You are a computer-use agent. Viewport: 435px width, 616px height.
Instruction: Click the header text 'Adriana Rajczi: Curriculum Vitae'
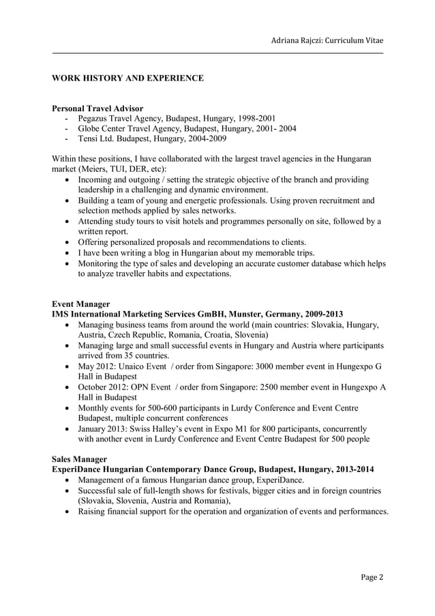327,40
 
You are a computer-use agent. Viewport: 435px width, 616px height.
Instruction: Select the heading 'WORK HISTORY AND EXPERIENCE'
127,78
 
